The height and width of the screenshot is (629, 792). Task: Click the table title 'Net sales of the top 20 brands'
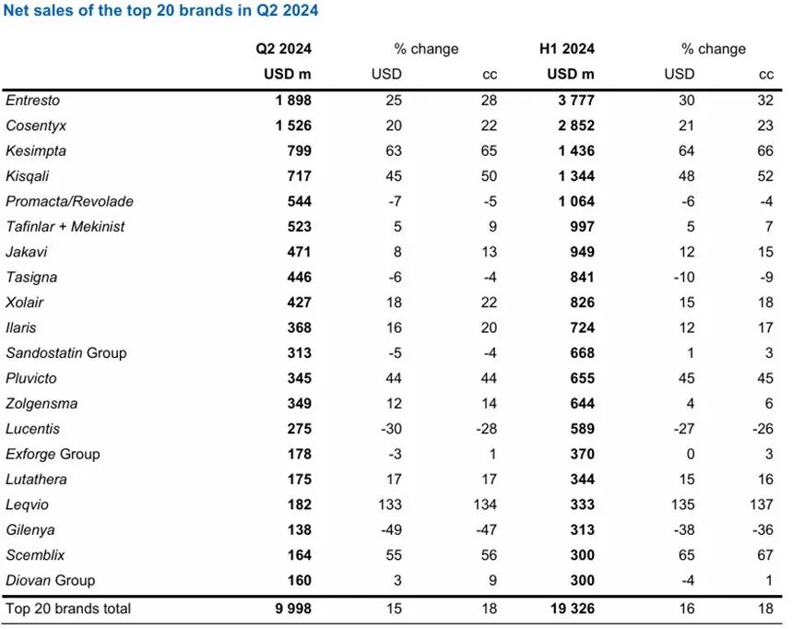[x=162, y=12]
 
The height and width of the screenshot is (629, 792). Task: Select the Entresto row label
[x=32, y=100]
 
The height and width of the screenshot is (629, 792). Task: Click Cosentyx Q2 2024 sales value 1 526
[x=292, y=125]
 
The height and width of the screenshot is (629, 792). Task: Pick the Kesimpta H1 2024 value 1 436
[x=573, y=150]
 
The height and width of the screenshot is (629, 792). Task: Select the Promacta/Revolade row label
[x=69, y=201]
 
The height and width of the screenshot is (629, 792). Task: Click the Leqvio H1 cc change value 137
[x=762, y=504]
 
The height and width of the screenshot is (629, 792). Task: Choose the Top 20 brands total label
[x=68, y=609]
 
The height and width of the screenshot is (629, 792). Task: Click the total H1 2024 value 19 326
[x=569, y=609]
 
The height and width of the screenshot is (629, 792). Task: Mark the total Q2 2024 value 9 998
[x=292, y=609]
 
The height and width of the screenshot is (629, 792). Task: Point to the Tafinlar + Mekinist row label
[x=65, y=226]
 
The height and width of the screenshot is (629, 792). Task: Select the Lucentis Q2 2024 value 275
[x=299, y=429]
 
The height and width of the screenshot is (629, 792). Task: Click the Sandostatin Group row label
[x=66, y=352]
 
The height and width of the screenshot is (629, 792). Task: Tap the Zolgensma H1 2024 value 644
[x=581, y=403]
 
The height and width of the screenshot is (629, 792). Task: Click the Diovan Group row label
[x=51, y=580]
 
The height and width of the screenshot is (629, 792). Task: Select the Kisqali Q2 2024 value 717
[x=299, y=175]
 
